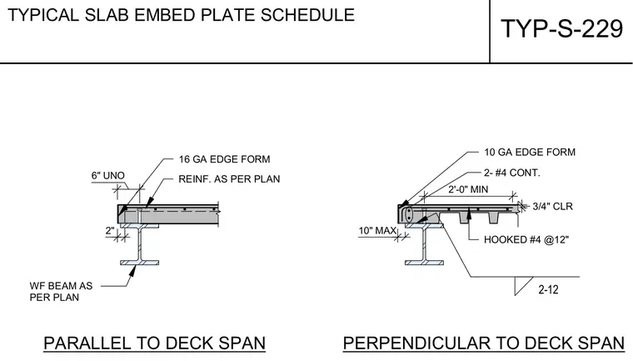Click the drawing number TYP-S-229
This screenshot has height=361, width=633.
tap(561, 29)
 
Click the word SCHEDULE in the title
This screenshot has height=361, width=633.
tap(307, 15)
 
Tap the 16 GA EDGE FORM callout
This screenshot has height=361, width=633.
tap(224, 159)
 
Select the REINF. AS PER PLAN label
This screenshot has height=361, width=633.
tap(229, 179)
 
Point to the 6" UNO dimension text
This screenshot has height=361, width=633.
tap(107, 175)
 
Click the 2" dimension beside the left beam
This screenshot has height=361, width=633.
tap(110, 231)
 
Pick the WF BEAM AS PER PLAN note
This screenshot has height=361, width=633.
tap(61, 292)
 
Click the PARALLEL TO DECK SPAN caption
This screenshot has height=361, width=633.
tap(154, 343)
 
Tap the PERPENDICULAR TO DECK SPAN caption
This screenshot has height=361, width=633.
tap(484, 343)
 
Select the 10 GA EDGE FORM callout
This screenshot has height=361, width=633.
tap(530, 153)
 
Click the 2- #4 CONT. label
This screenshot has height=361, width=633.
tap(512, 173)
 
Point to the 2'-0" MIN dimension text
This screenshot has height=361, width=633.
tap(468, 189)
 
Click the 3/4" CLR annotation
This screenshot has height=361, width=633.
tap(553, 207)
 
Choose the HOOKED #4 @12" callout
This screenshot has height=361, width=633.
tap(526, 240)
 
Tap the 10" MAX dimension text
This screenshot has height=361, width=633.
tap(377, 231)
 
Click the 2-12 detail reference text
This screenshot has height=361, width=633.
tap(548, 289)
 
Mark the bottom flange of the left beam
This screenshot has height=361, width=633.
tap(140, 263)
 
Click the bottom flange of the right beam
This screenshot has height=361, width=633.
tap(424, 263)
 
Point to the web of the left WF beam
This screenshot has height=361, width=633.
tap(140, 244)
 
